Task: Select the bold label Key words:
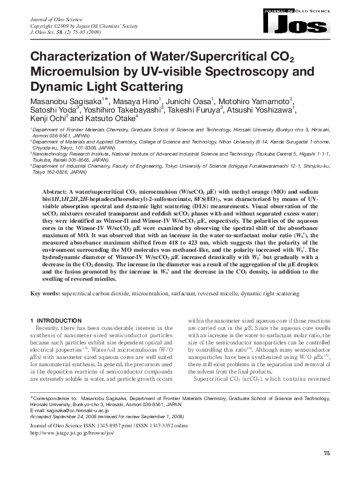coord(45,294)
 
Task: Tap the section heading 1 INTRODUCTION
coord(55,320)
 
